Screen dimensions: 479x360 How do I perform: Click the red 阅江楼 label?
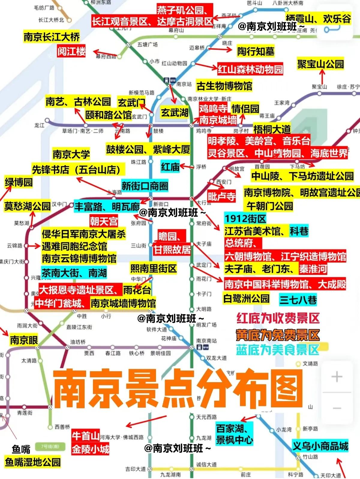(72, 51)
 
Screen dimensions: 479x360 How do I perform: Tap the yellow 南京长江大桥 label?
(52, 37)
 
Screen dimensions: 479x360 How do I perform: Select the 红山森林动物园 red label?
(250, 70)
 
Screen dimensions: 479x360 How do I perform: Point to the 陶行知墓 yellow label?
(256, 51)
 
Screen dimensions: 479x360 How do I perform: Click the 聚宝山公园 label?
(320, 64)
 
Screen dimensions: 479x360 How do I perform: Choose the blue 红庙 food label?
(170, 167)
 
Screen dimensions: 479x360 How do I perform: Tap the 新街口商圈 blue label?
(145, 186)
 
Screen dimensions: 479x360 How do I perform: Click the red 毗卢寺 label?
(221, 197)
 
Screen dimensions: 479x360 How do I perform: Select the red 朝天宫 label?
(104, 221)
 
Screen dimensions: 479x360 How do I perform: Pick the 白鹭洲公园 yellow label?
(247, 298)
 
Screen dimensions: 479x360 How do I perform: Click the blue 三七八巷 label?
(298, 299)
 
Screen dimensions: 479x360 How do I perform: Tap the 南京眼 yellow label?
(24, 340)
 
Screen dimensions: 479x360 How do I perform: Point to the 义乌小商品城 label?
(320, 446)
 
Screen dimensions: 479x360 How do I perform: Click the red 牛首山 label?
(86, 436)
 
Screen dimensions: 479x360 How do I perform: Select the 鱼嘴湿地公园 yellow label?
(33, 462)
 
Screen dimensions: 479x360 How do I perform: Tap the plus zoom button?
(337, 376)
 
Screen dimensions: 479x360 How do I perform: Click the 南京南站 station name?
(206, 341)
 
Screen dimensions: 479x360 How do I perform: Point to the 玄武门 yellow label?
(131, 103)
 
